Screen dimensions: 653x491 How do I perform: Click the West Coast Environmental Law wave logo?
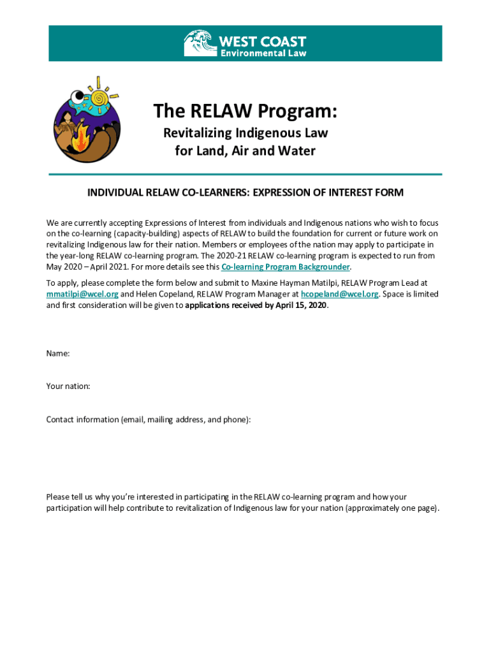tap(200, 43)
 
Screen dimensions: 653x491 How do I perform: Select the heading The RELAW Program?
tap(245, 112)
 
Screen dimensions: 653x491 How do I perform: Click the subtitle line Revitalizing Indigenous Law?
tap(245, 133)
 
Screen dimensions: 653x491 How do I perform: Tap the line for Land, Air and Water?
tap(245, 151)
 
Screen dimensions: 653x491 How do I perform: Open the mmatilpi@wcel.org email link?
tap(82, 294)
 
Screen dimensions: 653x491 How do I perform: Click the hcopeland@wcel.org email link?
tap(340, 294)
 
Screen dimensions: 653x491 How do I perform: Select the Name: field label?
tap(58, 353)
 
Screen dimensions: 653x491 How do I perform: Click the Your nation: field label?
tap(68, 386)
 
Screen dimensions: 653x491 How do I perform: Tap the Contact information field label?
tap(148, 419)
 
